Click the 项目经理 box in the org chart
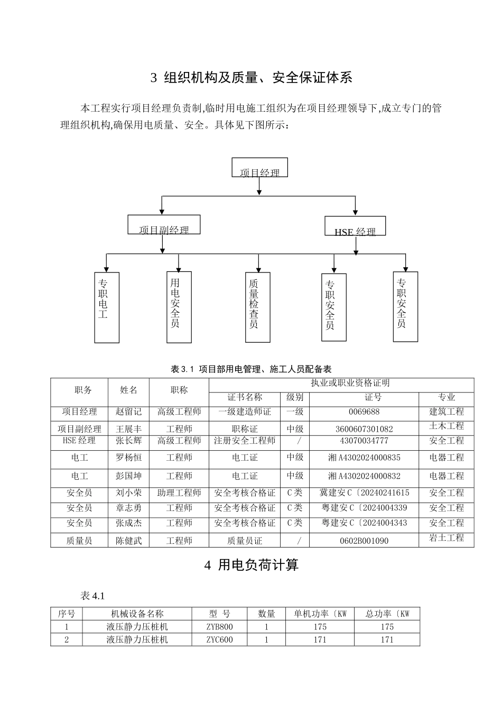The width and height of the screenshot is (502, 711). click(x=259, y=168)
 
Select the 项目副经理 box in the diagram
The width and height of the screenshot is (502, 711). click(x=164, y=225)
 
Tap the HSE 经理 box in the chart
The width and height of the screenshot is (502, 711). click(x=355, y=226)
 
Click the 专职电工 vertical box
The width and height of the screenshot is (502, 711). click(x=107, y=307)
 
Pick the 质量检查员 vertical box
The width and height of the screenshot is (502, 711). click(x=258, y=307)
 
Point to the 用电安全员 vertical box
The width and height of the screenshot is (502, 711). click(x=179, y=307)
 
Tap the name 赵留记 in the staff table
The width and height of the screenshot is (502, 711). click(x=128, y=412)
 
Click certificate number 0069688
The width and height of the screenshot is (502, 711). click(x=364, y=412)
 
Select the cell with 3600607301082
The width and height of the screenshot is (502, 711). click(x=364, y=429)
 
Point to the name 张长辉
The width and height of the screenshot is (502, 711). click(x=128, y=441)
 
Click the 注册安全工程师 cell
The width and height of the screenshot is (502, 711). click(x=245, y=441)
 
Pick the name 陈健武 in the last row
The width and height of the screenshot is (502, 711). click(x=128, y=541)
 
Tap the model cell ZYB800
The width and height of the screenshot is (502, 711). click(x=219, y=627)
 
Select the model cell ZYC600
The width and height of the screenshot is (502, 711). click(x=219, y=640)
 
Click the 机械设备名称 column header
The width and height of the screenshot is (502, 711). click(x=137, y=614)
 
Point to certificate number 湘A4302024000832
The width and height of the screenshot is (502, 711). click(x=364, y=476)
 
